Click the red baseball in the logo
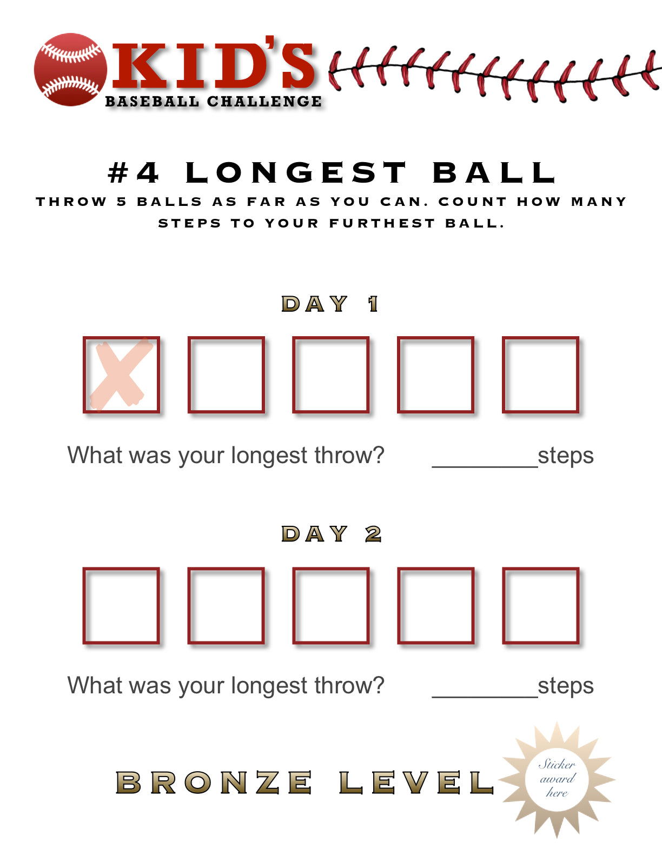coord(70,70)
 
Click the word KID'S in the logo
coord(214,65)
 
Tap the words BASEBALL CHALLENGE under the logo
coord(214,102)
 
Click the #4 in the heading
coord(134,173)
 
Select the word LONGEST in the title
coord(296,173)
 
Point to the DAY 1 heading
coord(330,304)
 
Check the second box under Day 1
coord(226,374)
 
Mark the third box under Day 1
coord(331,374)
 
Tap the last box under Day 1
coord(541,374)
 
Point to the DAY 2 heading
coord(331,534)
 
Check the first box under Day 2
coord(121,605)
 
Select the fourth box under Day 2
coord(436,605)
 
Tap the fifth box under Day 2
coord(541,605)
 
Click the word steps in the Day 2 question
coord(566,686)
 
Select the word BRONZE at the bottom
coord(214,783)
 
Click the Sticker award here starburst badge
coord(557,779)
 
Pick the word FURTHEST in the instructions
coord(382,224)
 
